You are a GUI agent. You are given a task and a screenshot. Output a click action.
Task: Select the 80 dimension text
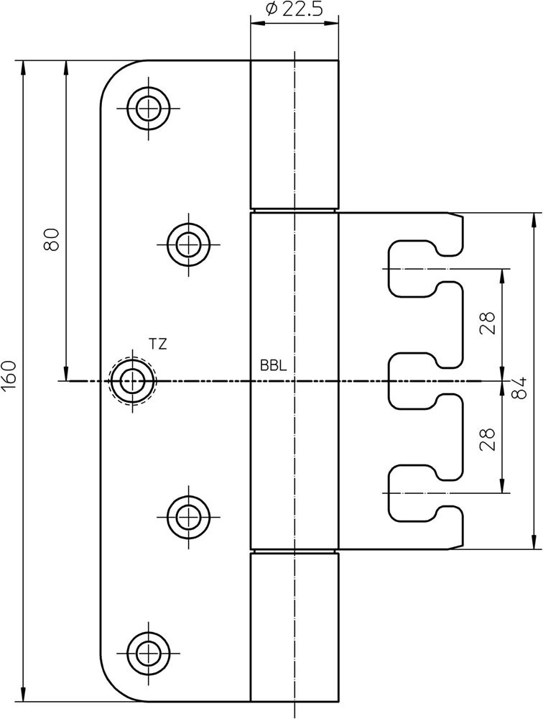point(52,239)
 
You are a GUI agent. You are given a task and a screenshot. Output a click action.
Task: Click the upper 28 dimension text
point(488,324)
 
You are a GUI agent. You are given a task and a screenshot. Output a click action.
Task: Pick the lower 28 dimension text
point(488,439)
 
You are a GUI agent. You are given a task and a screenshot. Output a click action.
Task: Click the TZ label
point(157,344)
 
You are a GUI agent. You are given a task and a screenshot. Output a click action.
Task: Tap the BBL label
point(273,365)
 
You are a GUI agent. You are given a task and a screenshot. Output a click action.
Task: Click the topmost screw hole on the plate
point(148,109)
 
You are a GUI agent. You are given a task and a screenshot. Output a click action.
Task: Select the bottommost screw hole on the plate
point(148,653)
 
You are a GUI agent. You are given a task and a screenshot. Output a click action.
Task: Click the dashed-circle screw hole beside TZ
point(133,380)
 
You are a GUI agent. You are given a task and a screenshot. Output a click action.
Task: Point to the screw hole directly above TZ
point(188,244)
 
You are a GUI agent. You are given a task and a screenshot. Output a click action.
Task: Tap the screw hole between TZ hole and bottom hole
point(188,517)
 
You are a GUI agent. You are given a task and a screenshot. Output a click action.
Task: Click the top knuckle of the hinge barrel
point(294,134)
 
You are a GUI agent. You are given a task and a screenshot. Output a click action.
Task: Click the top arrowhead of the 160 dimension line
point(24,66)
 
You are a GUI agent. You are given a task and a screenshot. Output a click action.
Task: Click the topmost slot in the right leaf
point(426,269)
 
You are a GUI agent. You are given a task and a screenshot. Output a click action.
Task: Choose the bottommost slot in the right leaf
point(426,493)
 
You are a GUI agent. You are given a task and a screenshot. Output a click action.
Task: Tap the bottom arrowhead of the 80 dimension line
point(66,374)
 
